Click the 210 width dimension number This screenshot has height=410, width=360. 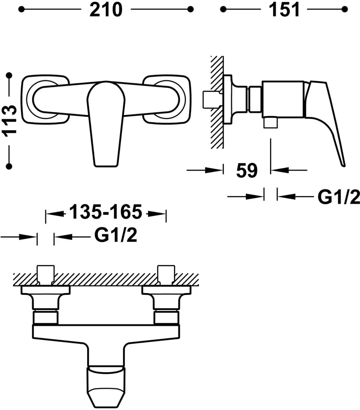click(x=106, y=10)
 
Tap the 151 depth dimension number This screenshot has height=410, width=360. click(x=284, y=10)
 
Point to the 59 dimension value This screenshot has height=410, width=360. click(x=247, y=171)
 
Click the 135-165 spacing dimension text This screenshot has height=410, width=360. click(x=106, y=212)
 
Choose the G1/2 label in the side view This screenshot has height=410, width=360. click(x=339, y=197)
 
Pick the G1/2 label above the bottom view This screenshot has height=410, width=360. click(x=116, y=235)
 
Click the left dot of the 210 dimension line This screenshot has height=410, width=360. click(x=21, y=9)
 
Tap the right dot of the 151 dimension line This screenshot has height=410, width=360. click(x=344, y=9)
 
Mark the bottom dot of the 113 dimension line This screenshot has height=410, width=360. click(x=9, y=166)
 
